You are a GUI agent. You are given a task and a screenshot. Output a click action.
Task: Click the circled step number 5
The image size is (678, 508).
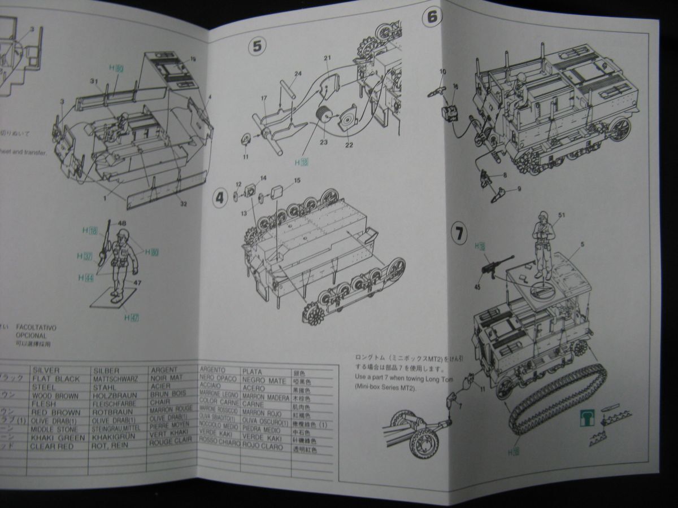point(257,46)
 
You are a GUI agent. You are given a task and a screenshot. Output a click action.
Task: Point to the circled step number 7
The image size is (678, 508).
point(459,233)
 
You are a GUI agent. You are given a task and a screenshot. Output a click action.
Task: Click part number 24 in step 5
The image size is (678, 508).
point(298,74)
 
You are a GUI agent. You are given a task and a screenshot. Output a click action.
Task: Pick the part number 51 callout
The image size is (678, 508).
point(561,214)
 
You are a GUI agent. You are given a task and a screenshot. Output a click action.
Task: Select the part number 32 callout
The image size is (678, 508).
point(183,203)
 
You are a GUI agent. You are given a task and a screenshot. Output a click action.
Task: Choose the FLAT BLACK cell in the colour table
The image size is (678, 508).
point(56,379)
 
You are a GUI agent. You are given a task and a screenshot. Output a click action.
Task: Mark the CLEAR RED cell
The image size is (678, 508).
point(52,446)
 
